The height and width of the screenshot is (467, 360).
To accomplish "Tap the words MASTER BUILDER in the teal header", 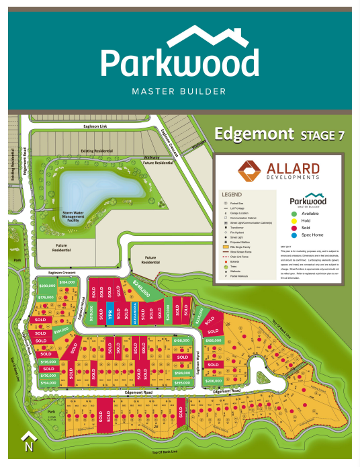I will point(180,91).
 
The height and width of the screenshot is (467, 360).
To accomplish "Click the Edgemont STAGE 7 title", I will point(279,134).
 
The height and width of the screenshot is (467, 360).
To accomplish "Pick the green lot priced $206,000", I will point(213,380).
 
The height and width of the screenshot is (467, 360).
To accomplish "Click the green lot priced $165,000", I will point(213,341).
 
